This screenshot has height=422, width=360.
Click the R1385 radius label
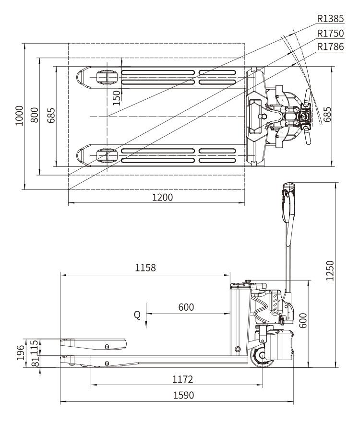[330, 19]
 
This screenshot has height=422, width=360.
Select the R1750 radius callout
[330, 33]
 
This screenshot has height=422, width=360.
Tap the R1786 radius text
[330, 47]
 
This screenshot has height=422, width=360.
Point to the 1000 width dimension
[19, 116]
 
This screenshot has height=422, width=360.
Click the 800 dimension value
[34, 115]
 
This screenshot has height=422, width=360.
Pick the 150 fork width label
[117, 98]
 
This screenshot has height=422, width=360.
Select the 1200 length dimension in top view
[163, 197]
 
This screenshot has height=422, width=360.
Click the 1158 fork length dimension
[145, 268]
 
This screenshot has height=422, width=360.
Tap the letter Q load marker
[137, 315]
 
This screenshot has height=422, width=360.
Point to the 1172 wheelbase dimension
[182, 379]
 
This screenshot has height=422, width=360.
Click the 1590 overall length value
[183, 395]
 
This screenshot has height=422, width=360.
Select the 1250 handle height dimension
[330, 270]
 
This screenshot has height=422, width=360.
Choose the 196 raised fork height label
[21, 352]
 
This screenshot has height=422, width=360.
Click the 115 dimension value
[34, 347]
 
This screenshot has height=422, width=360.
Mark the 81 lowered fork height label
[35, 361]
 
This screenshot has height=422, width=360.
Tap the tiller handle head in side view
[288, 202]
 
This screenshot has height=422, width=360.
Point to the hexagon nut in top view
[263, 116]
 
